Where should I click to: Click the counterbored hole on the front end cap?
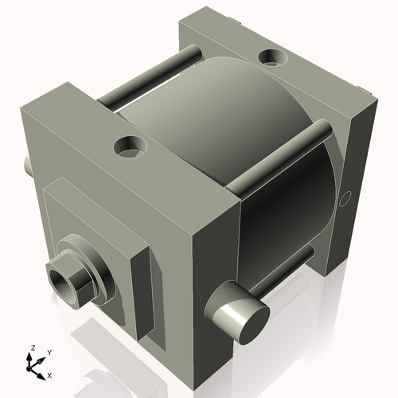click(130, 146)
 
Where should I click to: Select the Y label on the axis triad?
click(49, 351)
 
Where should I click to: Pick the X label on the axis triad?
click(49, 374)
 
